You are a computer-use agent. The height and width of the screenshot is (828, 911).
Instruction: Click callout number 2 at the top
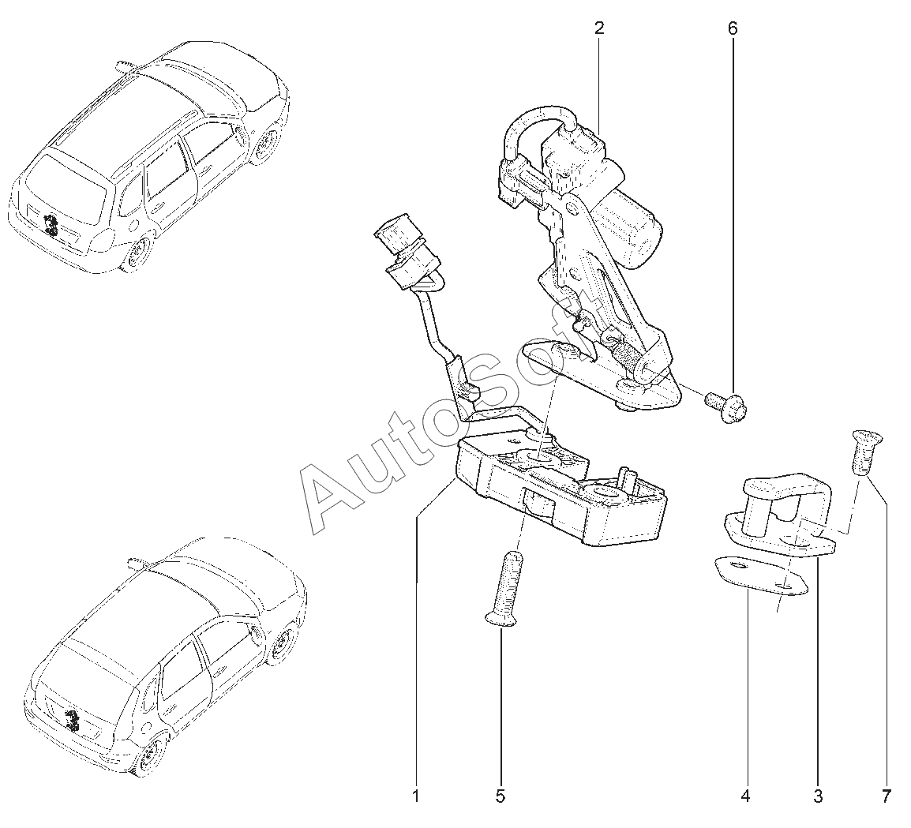tap(599, 29)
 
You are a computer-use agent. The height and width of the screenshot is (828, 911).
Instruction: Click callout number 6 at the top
tap(733, 29)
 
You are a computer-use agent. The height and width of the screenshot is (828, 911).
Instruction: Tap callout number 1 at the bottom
tap(416, 796)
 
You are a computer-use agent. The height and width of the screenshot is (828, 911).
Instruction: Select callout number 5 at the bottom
tap(500, 796)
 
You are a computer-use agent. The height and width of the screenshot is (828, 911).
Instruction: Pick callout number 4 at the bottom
tap(744, 796)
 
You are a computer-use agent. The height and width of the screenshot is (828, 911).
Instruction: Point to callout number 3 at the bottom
tap(818, 796)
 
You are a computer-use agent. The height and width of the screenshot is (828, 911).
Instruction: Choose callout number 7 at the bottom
tap(886, 796)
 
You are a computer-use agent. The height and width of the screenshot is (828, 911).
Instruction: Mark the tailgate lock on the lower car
tap(73, 720)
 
